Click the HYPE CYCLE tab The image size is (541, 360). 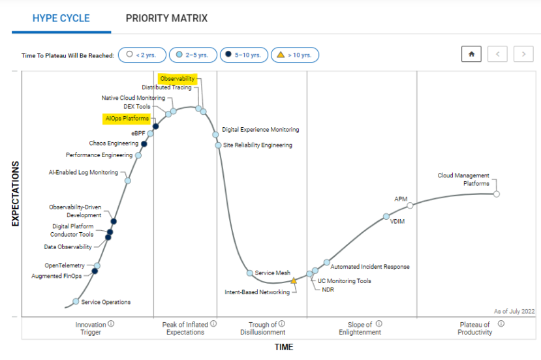tap(61, 18)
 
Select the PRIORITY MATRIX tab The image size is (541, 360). tap(166, 18)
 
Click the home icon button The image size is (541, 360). tap(471, 55)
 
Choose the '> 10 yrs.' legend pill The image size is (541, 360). tap(294, 55)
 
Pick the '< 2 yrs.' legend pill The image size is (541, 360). tap(141, 55)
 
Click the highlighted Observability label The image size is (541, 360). tap(178, 79)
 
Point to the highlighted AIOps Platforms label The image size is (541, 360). tap(127, 119)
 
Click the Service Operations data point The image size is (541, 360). tap(76, 301)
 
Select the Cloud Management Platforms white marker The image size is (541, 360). tap(497, 194)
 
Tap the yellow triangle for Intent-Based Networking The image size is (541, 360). tap(294, 280)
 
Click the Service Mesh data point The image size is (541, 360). tap(249, 273)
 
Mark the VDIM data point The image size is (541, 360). tap(386, 216)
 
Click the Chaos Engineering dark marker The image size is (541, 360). tap(144, 143)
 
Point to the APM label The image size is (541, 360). tap(401, 199)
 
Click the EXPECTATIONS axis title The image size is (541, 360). tap(16, 194)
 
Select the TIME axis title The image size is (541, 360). tap(283, 348)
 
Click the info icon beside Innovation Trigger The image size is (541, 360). tap(111, 323)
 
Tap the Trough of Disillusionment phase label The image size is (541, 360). tap(263, 328)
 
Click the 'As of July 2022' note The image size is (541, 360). tap(514, 312)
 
